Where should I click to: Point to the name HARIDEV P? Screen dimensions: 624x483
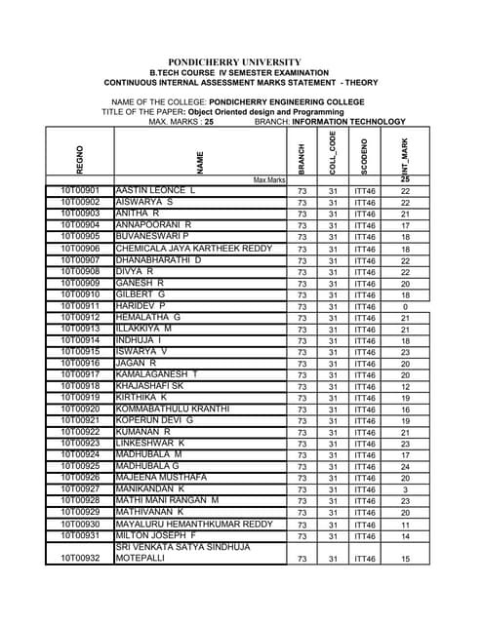[141, 306]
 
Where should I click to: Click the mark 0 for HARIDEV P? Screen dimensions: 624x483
[405, 307]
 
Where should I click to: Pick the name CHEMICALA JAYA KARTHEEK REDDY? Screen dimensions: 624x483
[194, 249]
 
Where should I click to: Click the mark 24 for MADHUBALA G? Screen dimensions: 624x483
[405, 467]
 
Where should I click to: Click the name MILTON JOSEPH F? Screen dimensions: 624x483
[155, 535]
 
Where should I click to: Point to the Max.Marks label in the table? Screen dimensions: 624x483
[269, 180]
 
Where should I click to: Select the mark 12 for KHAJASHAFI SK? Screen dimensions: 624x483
[405, 387]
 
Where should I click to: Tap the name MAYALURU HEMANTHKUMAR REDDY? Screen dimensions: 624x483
[194, 524]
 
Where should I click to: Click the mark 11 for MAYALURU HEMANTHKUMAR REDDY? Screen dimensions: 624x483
[405, 525]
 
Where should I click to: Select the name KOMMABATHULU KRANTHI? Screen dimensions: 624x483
[173, 409]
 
